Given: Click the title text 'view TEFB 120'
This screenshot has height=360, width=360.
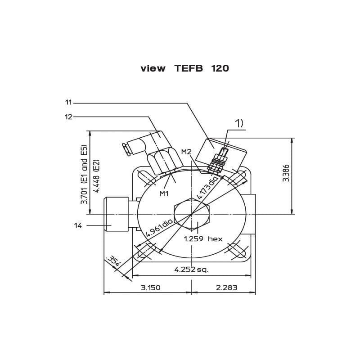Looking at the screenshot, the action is pos(185,68).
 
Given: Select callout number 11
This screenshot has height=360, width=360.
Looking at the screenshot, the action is pos(68,103).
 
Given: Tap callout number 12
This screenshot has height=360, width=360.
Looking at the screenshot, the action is pos(68,117).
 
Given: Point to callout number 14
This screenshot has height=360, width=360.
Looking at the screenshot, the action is pos(78,225).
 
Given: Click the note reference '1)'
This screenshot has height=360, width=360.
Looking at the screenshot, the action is pos(239,124).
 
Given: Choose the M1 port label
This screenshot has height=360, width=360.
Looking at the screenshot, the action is pos(164,193).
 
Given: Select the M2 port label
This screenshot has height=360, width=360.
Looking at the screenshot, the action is pos(186,152).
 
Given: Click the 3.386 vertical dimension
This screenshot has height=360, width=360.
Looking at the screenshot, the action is pos(286,173).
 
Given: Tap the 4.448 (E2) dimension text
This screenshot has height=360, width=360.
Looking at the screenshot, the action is pos(97,176).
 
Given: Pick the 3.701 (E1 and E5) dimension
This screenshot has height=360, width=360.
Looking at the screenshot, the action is pos(84,175).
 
